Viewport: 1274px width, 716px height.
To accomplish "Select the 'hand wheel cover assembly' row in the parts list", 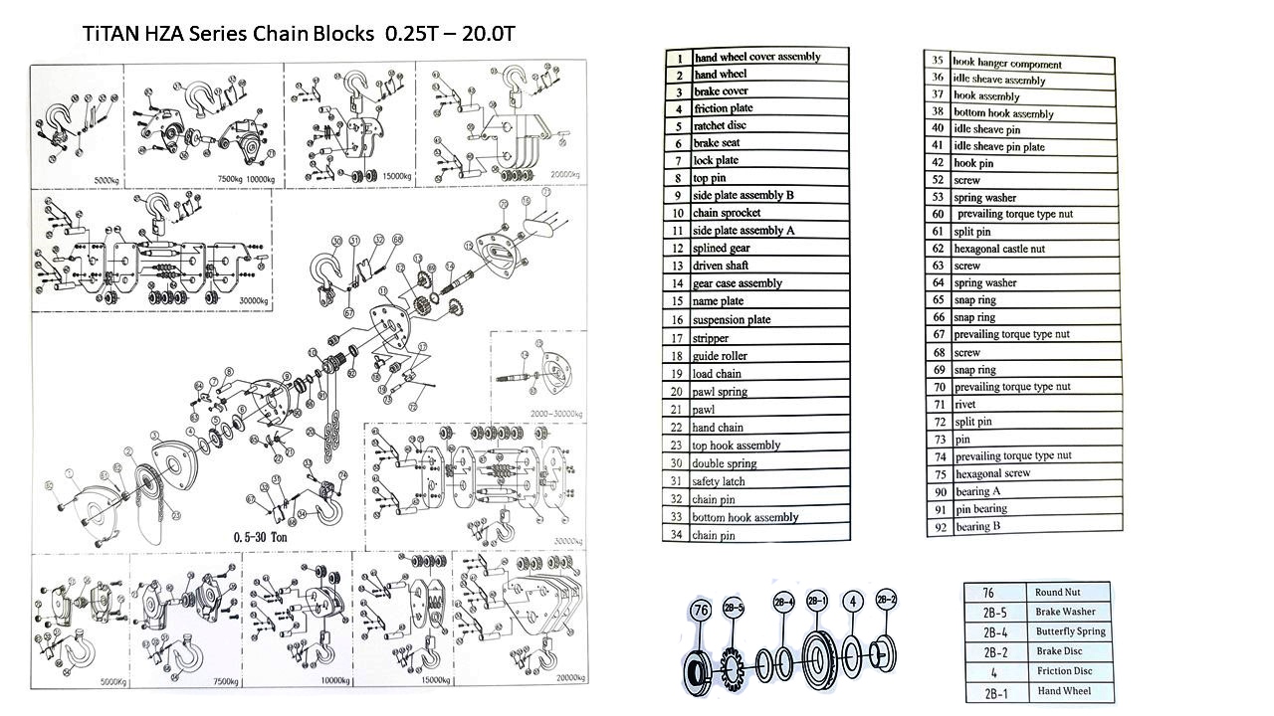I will (756, 57).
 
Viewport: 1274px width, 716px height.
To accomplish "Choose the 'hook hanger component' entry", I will (1007, 64).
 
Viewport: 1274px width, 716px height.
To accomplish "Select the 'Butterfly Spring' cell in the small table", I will (1070, 631).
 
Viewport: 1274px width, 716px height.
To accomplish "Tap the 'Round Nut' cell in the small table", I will (1057, 592).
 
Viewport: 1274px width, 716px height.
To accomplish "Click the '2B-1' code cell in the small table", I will (995, 692).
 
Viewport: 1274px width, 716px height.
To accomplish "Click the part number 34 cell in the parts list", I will (677, 535).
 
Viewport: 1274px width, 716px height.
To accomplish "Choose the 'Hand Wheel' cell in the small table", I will (1063, 691).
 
